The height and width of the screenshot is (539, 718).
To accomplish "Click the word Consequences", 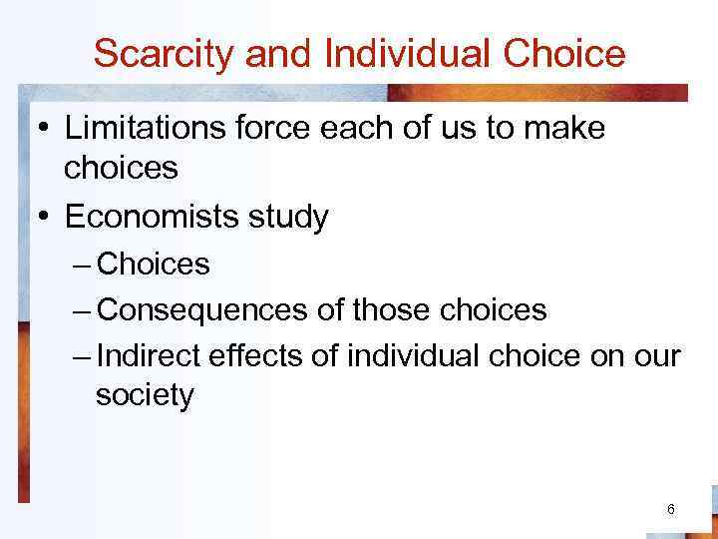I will (203, 310).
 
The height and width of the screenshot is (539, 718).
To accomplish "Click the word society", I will (145, 396).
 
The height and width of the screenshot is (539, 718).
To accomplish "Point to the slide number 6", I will (671, 510).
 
